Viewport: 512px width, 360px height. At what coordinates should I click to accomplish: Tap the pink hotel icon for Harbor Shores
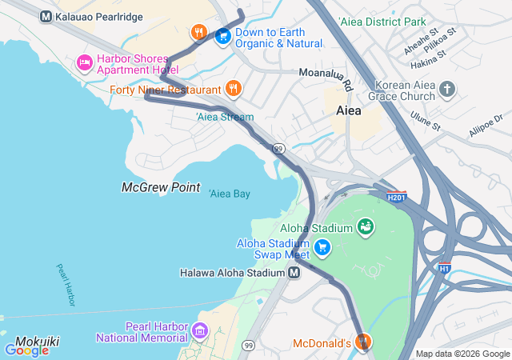click(84, 62)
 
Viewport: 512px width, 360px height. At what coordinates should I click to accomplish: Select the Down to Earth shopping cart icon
click(222, 35)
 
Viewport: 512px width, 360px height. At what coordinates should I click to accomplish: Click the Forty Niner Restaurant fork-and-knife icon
click(233, 88)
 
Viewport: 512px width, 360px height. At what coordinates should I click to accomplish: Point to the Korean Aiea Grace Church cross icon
click(447, 88)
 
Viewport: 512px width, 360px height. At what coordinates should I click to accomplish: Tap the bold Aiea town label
click(349, 111)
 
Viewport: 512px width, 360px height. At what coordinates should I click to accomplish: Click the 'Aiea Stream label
click(225, 118)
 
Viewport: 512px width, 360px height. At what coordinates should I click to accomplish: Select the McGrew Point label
click(160, 187)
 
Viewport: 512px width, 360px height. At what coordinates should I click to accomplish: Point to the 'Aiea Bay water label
click(230, 194)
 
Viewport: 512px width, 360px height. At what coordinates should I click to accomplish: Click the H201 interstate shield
click(396, 196)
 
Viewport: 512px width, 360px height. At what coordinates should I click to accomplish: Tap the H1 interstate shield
click(444, 269)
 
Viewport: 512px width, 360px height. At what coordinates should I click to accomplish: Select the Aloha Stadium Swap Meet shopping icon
click(322, 247)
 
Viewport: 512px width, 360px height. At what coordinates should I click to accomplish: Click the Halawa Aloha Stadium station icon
click(294, 273)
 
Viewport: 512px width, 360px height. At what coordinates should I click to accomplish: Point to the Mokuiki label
click(37, 341)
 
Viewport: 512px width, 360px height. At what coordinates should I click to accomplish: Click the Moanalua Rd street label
click(326, 78)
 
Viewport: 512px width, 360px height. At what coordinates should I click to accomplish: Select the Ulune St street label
click(425, 121)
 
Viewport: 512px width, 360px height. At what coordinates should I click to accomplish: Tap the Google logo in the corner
click(26, 350)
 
